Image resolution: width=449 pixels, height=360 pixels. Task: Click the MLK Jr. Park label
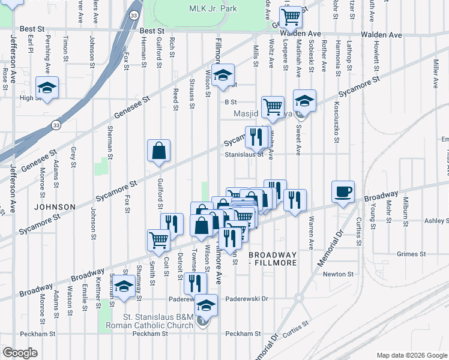pos(196,8)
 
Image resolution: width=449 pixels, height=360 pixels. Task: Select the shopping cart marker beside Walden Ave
pos(291,17)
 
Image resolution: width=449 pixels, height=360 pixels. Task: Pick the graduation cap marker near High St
pos(46,88)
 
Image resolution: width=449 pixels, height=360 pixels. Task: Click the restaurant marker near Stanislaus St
pos(256,137)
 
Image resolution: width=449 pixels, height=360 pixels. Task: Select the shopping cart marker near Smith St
pos(158,240)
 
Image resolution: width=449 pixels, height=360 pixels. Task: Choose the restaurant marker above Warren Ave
pos(295,200)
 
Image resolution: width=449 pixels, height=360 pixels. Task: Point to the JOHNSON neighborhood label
pos(55,207)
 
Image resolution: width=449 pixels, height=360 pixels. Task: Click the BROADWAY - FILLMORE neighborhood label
pos(282,259)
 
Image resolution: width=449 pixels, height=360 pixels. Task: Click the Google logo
pos(20,353)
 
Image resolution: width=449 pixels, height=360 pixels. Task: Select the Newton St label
pos(338,274)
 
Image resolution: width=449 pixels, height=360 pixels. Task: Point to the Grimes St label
pos(411,254)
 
